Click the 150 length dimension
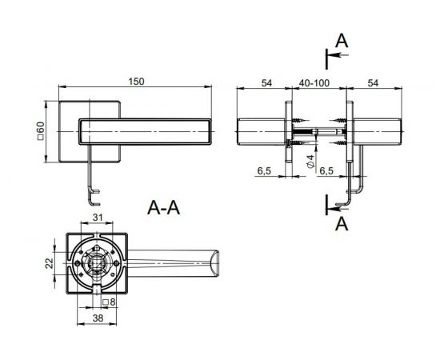pos(136,82)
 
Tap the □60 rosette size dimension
pos(41,130)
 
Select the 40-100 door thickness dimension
pos(314,83)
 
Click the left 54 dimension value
pos(266,83)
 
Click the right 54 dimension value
pos(373,83)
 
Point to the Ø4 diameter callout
pos(310,162)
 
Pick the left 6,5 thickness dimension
pos(264,170)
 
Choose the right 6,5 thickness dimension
pos(326,170)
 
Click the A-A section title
pos(163,208)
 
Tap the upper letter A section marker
pos(342,41)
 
